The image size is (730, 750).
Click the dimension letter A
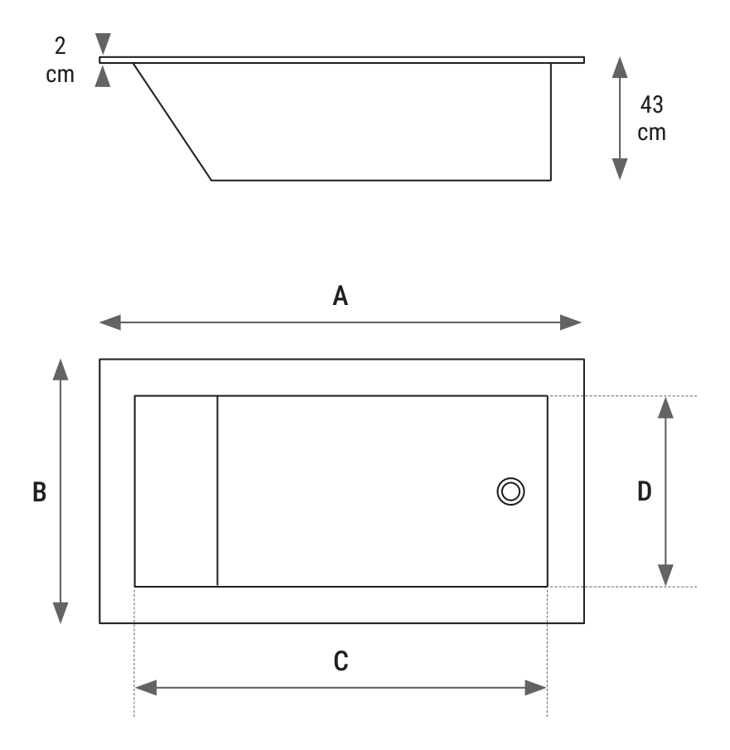[x=340, y=296]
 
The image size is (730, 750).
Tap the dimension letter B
[x=39, y=491]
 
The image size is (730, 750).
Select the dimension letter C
[x=341, y=661]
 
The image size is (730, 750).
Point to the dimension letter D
[x=645, y=491]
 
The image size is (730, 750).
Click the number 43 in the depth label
[x=651, y=104]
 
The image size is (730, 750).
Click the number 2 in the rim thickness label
[x=60, y=46]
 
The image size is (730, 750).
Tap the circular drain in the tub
[x=510, y=491]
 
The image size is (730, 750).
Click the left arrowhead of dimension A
[x=110, y=322]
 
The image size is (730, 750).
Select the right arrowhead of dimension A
[x=571, y=322]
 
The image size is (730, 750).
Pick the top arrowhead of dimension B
[x=60, y=370]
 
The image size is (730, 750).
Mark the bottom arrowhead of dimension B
[x=60, y=613]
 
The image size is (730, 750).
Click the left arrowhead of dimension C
[x=146, y=688]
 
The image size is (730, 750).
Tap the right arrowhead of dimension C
[x=536, y=688]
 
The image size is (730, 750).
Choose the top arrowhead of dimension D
[x=665, y=408]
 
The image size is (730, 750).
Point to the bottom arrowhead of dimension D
[x=665, y=575]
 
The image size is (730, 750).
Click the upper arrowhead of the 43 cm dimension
[x=620, y=67]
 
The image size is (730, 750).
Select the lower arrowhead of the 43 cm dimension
[x=620, y=169]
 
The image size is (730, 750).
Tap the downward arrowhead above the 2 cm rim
[x=103, y=44]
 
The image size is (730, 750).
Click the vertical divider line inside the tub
[x=217, y=491]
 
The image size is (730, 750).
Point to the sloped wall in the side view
[x=172, y=122]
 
